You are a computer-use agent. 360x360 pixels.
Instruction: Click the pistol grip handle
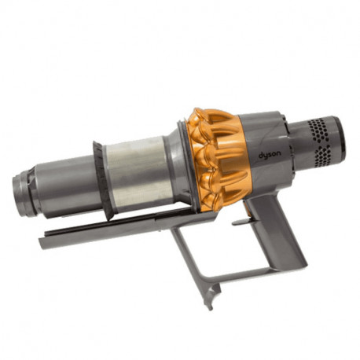[279, 228]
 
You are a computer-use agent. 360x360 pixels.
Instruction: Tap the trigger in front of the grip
[246, 211]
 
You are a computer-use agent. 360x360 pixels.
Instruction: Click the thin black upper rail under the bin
[118, 223]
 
